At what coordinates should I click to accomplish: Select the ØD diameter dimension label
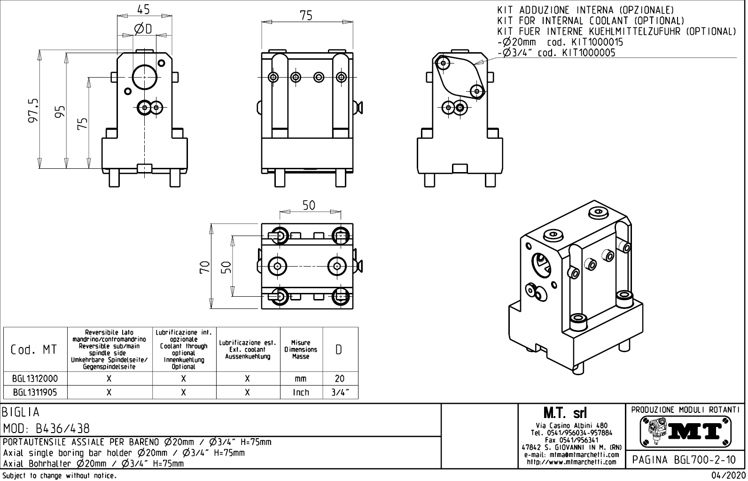tap(143, 29)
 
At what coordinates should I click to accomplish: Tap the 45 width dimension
tap(144, 9)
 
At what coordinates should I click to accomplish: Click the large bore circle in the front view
tap(144, 77)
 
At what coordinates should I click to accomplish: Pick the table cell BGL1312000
tap(35, 378)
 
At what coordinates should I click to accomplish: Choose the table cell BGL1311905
tap(35, 392)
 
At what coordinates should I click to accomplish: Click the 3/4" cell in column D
tap(340, 392)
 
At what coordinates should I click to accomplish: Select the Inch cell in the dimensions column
tap(301, 392)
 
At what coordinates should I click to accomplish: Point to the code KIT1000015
tap(593, 42)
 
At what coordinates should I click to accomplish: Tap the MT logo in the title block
tap(686, 431)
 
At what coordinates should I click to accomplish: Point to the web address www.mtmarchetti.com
tap(571, 462)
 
